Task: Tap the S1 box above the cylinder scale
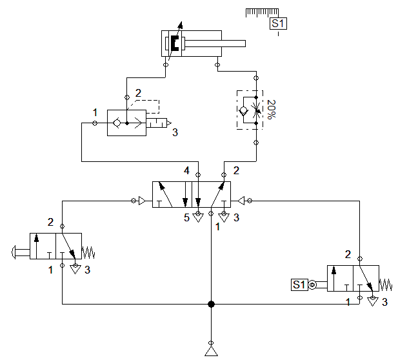click(278, 24)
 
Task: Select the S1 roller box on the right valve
click(299, 285)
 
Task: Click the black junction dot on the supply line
click(211, 304)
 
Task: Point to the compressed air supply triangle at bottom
click(211, 350)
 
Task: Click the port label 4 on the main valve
click(186, 171)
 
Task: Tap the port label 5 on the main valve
click(186, 218)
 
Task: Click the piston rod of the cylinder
click(215, 44)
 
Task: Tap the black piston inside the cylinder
click(174, 44)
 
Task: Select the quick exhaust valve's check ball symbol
click(117, 123)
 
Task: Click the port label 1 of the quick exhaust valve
click(95, 112)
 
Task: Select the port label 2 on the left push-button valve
click(50, 223)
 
